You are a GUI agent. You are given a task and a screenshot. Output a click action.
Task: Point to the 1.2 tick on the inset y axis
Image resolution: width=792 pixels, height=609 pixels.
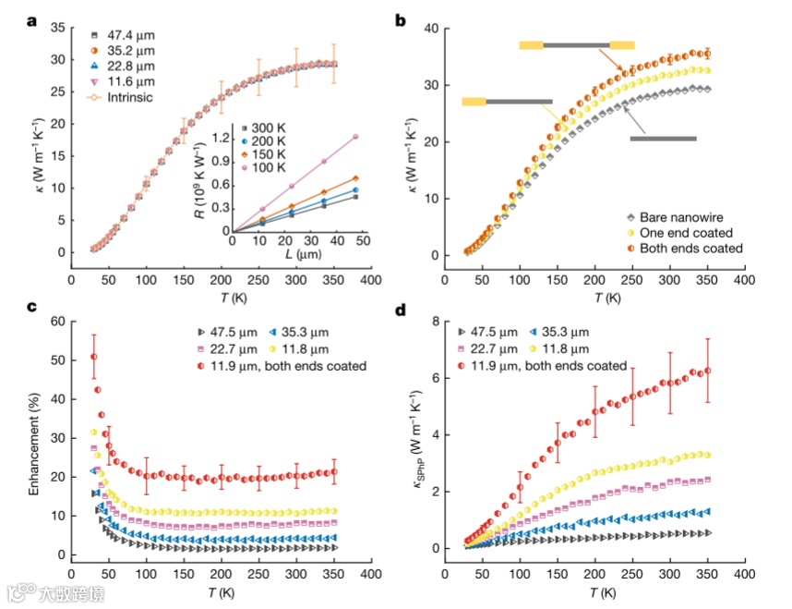click(x=221, y=137)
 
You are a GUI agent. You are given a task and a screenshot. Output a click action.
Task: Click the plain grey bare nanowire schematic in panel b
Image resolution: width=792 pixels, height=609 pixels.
click(x=663, y=139)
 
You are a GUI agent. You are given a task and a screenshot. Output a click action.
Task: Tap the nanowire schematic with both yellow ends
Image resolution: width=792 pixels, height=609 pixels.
click(x=577, y=44)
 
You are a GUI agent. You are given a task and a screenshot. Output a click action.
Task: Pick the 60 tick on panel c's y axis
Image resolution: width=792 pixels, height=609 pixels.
click(x=54, y=322)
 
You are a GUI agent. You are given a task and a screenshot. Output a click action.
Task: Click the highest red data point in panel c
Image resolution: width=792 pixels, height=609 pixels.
click(x=93, y=357)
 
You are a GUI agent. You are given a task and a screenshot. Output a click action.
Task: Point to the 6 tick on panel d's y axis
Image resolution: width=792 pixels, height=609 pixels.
click(x=427, y=378)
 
